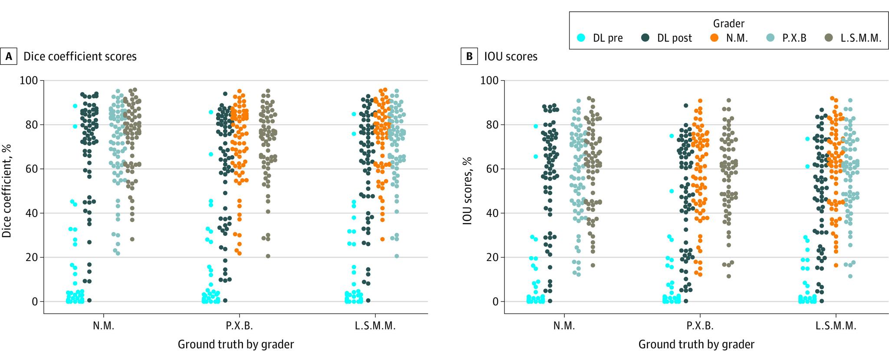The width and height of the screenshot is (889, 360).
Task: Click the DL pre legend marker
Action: [581, 38]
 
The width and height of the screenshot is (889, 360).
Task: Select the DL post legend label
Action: [674, 38]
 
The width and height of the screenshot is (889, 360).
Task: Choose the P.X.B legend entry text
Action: [794, 38]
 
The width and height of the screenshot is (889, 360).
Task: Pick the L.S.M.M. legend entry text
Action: [861, 38]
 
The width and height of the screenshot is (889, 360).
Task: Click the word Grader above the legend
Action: [729, 23]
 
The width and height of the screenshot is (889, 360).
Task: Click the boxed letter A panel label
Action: [8, 56]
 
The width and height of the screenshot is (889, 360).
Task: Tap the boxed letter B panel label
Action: [469, 56]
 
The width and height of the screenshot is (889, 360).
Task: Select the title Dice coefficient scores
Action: [80, 56]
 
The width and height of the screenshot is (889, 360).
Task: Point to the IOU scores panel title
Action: [511, 56]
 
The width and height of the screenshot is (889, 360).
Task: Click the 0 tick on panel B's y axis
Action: [495, 301]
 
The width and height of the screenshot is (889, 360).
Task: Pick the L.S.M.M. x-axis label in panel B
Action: [836, 326]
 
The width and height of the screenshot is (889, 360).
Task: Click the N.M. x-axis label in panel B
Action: [564, 326]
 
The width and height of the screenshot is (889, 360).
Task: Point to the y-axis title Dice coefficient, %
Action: [7, 191]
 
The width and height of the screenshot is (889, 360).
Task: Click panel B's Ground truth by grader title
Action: [696, 344]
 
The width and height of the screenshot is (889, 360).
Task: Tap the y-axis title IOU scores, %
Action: [467, 191]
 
